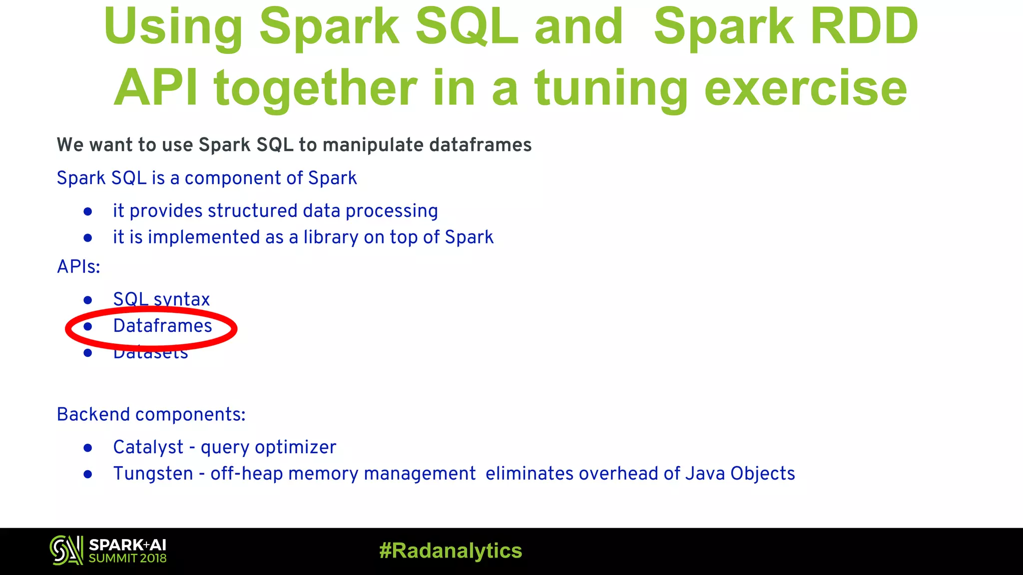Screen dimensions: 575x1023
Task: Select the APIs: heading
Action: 78,267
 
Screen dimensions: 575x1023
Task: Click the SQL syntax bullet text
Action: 161,299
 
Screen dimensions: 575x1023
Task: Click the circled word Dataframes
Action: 162,326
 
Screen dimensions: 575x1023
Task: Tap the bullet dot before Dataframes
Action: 88,326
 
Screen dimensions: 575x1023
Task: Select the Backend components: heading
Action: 151,415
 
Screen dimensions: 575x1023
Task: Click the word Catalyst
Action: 148,447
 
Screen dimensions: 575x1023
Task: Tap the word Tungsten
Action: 153,474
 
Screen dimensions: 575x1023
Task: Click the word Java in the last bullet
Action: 705,474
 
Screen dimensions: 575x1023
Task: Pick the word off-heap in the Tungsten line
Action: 247,474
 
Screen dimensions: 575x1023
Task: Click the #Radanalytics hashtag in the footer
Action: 451,551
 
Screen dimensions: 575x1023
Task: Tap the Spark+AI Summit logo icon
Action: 66,551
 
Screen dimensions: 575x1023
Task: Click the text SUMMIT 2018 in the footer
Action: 127,559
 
